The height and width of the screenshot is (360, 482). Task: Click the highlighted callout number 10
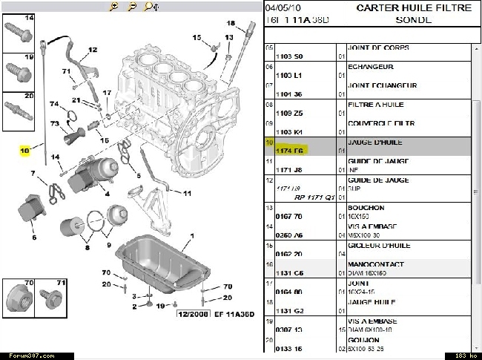[x=24, y=150]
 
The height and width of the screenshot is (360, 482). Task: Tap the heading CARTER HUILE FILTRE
[x=414, y=8]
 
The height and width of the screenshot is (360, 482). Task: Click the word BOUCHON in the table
[x=366, y=208]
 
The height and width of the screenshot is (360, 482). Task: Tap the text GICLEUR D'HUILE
[x=375, y=244]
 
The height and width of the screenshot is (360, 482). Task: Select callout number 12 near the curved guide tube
[x=93, y=50]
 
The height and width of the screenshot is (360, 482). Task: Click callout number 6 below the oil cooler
[x=33, y=238]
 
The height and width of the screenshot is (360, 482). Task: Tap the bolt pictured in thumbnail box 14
[x=17, y=33]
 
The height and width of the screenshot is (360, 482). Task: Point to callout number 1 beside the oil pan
[x=192, y=236]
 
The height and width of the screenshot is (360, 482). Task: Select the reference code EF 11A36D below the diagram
[x=231, y=315]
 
